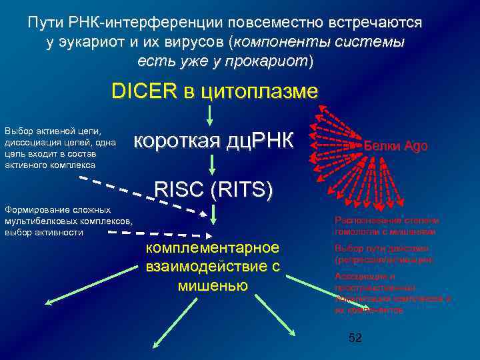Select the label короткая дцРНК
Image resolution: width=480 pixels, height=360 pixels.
[213, 141]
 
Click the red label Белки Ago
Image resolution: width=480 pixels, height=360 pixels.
[397, 145]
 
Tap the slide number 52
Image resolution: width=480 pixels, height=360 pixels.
[355, 339]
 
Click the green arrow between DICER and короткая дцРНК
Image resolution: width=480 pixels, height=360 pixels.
[210, 115]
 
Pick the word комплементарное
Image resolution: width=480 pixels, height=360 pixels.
[213, 249]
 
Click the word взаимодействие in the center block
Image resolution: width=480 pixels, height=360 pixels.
[213, 267]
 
